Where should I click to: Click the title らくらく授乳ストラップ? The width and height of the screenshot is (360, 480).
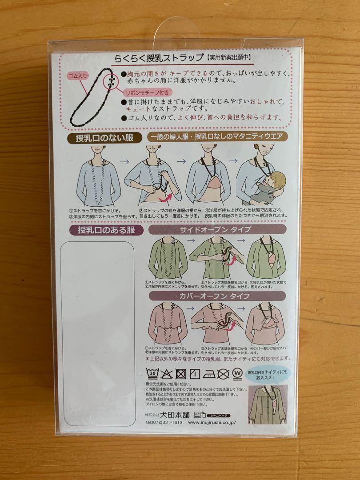158,58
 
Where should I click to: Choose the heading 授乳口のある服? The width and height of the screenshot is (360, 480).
104,230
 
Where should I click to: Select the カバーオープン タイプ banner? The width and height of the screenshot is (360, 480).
215,296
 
